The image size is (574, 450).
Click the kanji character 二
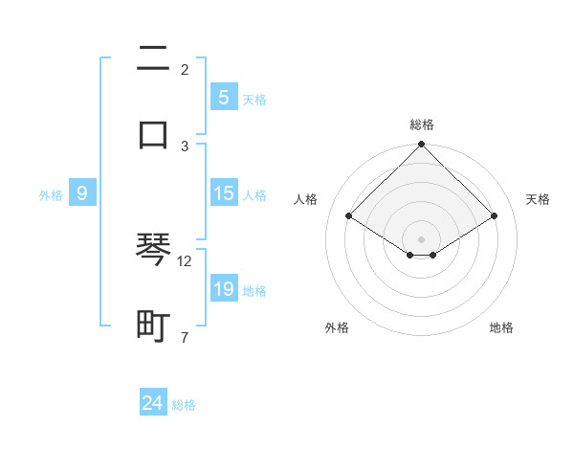click(x=153, y=60)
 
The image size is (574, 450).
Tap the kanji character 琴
click(x=153, y=252)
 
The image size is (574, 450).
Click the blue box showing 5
click(x=223, y=97)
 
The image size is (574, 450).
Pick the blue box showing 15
click(x=223, y=193)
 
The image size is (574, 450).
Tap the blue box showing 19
click(x=223, y=289)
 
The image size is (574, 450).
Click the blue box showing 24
click(x=153, y=403)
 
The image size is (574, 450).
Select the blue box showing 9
click(x=82, y=193)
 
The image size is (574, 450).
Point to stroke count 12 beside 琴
click(x=185, y=260)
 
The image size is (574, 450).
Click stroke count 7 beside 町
click(x=185, y=336)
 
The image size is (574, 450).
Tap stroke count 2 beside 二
click(x=185, y=69)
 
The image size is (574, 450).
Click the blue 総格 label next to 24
click(x=184, y=405)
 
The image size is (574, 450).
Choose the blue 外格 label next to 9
click(x=51, y=195)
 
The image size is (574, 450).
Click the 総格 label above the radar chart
click(x=422, y=124)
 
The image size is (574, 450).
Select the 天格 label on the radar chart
click(x=539, y=199)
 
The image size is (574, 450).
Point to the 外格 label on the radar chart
click(x=337, y=327)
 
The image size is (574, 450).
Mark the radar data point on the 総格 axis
click(x=422, y=146)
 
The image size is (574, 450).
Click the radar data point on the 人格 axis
click(x=349, y=216)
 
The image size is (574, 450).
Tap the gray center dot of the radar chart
click(x=422, y=238)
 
